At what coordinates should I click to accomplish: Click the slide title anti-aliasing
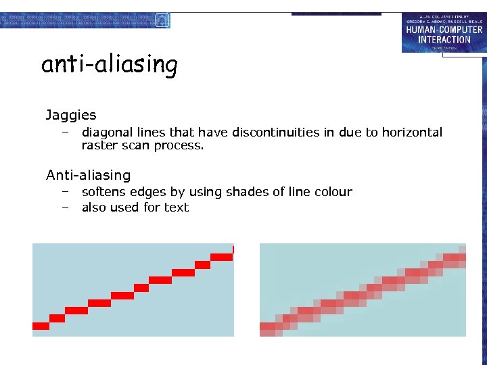click(110, 65)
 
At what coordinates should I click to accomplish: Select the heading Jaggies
click(71, 116)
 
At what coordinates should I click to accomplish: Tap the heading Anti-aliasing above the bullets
click(88, 175)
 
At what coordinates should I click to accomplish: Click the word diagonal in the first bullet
click(108, 132)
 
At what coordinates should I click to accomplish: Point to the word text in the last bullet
click(177, 208)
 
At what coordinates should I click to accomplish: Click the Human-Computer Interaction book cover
click(443, 32)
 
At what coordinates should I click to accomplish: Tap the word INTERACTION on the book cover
click(444, 39)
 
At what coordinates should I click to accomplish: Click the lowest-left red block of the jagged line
click(41, 326)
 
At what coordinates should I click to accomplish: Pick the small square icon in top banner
click(161, 20)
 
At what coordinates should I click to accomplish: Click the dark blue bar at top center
click(336, 14)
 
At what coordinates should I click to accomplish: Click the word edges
click(148, 192)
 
